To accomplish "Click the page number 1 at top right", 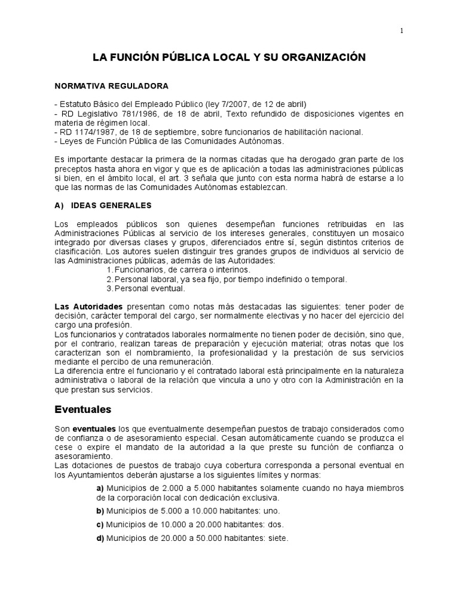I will (402, 32).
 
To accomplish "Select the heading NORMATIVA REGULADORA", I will (110, 85).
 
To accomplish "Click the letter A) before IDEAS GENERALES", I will (59, 206).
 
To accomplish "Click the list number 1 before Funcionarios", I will (109, 270).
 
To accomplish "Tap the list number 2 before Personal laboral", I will (109, 279).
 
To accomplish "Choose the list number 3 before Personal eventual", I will (109, 289).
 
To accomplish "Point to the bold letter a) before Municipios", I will (100, 488).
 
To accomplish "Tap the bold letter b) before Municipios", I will (100, 511).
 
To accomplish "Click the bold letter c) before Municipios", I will (100, 525).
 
